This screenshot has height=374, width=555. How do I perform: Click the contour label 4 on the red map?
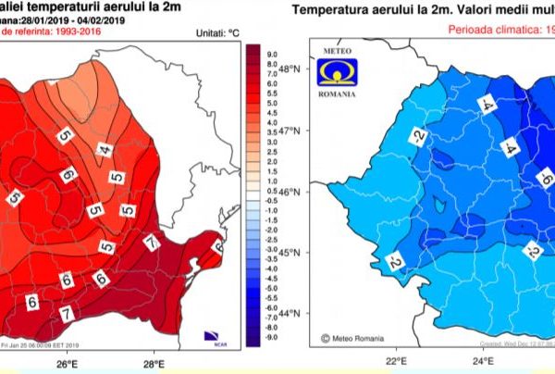coord(108,146)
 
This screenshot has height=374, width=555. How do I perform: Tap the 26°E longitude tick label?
coord(65,364)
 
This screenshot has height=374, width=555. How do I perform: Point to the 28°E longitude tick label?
coord(154,364)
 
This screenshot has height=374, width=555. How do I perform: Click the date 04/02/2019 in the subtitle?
coord(124,20)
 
